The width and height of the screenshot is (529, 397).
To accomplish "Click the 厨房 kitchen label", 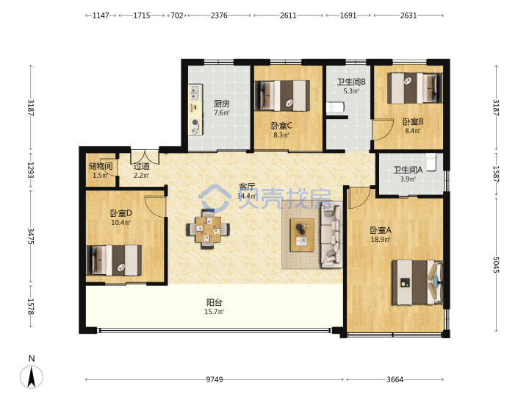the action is (222, 104).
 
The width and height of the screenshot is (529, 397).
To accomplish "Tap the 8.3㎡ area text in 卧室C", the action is (281, 135).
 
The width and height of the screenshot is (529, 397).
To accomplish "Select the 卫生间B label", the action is (351, 82).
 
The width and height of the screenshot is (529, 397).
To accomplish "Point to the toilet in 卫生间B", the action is (335, 107).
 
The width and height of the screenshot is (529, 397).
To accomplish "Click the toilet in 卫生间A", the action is (431, 162).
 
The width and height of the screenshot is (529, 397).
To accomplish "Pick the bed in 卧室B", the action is (414, 88).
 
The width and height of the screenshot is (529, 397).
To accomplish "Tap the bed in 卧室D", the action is (114, 260).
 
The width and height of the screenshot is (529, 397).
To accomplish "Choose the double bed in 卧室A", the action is (417, 282).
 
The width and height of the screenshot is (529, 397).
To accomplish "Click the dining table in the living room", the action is (208, 229).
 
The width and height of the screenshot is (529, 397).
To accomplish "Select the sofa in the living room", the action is (331, 235).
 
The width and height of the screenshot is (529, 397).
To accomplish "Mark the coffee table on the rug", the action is (302, 235).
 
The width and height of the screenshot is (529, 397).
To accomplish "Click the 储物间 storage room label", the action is (100, 166).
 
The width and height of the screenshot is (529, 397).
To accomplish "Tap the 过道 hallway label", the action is (141, 166).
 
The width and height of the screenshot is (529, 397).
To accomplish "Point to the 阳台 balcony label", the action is (215, 302).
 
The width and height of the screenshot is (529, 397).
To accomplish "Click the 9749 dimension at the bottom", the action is (215, 379).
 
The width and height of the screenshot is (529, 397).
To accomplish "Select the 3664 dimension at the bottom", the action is (395, 379).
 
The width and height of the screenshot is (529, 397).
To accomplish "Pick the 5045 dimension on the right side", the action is (496, 265).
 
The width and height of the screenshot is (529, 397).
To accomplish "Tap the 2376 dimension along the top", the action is (219, 15).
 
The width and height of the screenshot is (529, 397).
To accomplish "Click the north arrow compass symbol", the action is (32, 376).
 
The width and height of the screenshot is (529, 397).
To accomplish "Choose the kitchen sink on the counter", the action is (195, 93).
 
